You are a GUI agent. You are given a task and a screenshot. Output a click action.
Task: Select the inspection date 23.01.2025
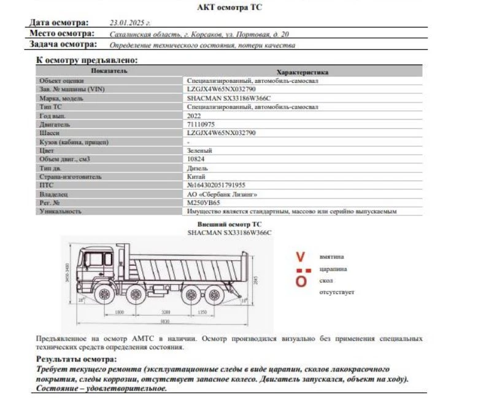coord(125,22)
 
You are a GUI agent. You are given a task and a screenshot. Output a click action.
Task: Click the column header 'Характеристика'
coord(302,72)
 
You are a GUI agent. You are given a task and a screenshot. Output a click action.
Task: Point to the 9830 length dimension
coord(165,322)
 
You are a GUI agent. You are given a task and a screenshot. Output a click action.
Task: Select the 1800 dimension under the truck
coord(120,312)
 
